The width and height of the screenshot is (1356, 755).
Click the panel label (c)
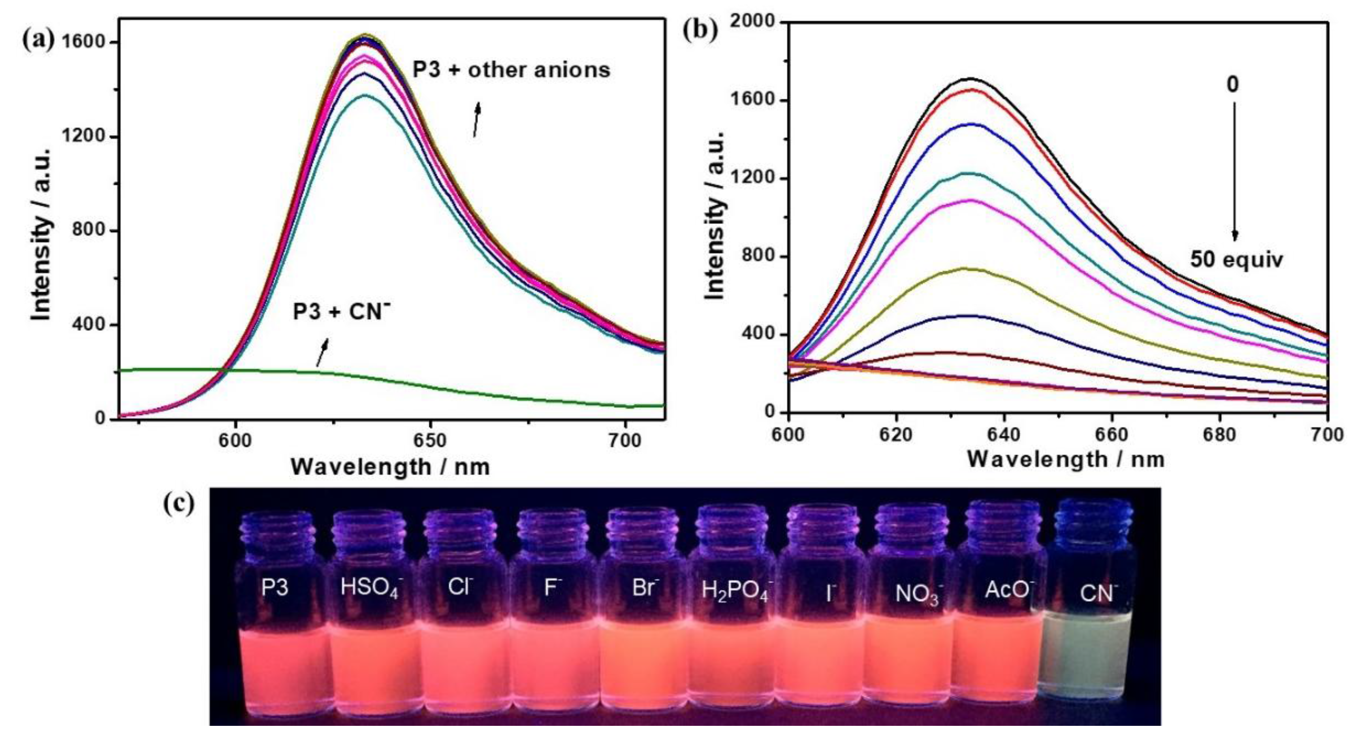pos(179,503)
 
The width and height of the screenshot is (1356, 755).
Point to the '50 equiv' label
pos(1236,259)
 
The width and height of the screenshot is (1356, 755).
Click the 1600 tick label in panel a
pos(85,42)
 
